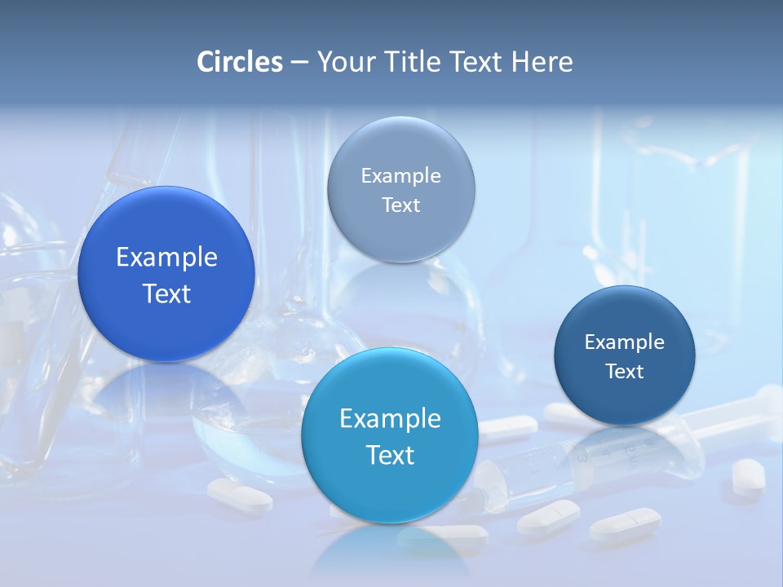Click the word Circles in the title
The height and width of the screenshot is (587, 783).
click(x=240, y=62)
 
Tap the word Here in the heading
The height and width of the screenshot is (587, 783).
click(x=542, y=62)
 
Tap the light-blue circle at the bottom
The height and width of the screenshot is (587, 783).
click(x=390, y=489)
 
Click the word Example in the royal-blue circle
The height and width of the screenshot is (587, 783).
click(x=166, y=258)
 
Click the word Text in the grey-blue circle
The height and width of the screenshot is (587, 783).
click(x=400, y=205)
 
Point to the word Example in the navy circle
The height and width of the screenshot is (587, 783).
click(x=625, y=342)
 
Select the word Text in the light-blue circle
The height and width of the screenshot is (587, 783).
click(x=390, y=455)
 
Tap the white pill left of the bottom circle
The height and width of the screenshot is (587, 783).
click(x=239, y=494)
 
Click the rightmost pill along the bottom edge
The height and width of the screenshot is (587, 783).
click(x=626, y=523)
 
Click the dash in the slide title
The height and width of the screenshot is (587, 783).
click(x=299, y=63)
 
